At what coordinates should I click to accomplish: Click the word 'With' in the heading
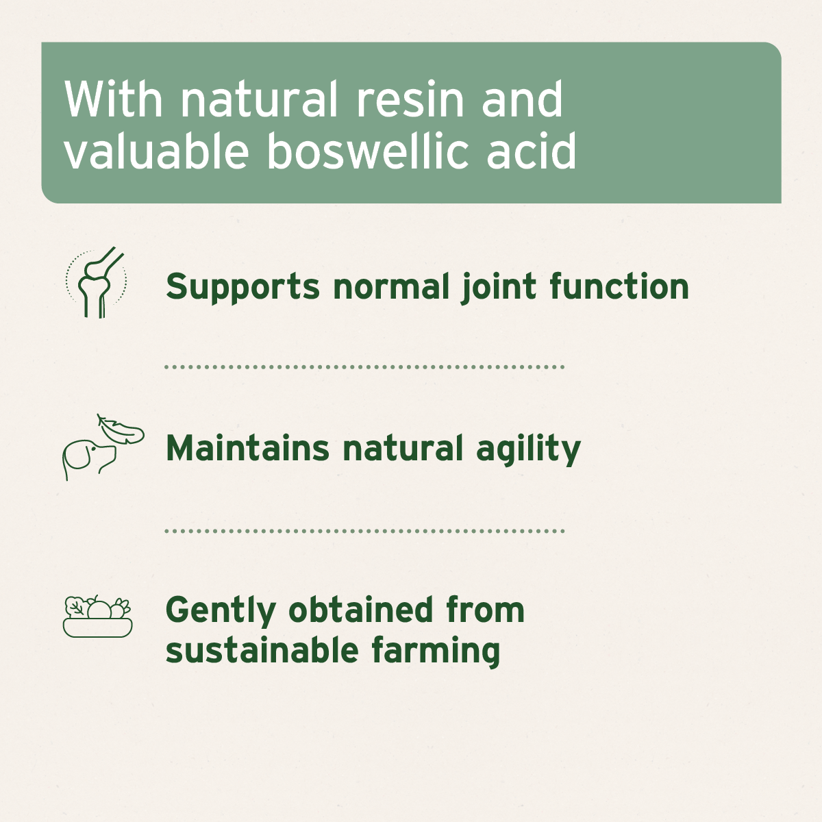pos(114,100)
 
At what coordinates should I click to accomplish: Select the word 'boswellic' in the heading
pos(368,151)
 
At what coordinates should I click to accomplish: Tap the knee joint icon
pos(97,283)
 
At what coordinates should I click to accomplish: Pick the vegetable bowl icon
pos(97,616)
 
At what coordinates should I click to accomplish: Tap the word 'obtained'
pos(361,610)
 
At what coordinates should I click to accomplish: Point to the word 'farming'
pos(436,651)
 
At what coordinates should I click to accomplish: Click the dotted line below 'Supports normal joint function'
pos(364,367)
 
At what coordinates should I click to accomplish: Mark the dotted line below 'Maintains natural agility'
pos(364,531)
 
